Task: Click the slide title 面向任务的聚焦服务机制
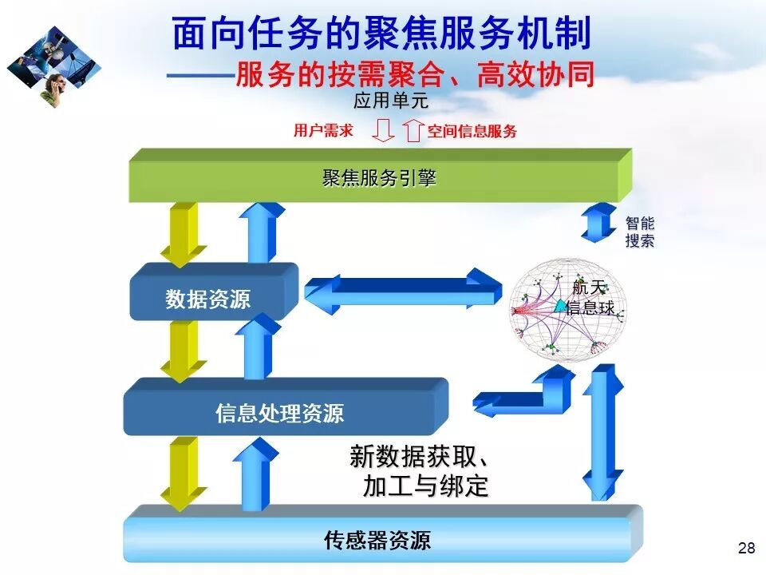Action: (x=381, y=34)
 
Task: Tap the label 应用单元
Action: (x=391, y=101)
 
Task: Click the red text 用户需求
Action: (x=323, y=131)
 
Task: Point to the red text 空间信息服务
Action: (x=472, y=132)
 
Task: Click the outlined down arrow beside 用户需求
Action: (x=384, y=130)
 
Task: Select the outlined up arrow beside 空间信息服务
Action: (x=412, y=130)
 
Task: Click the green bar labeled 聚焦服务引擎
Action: (x=380, y=178)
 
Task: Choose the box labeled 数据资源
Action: (x=209, y=298)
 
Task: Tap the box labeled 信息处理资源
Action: (x=280, y=412)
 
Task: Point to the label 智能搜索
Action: (x=639, y=232)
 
